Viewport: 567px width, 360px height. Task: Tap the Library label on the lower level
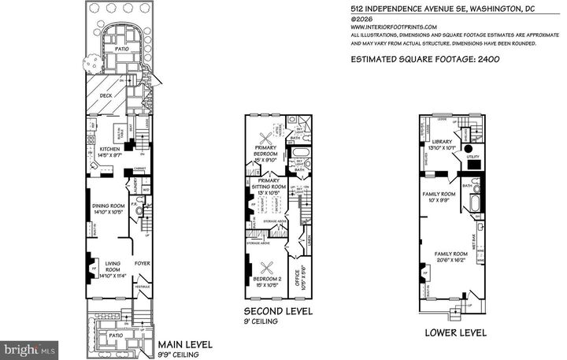coord(439,141)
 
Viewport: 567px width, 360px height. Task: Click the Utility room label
coord(472,158)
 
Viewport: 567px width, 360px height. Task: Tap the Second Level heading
coord(278,312)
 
